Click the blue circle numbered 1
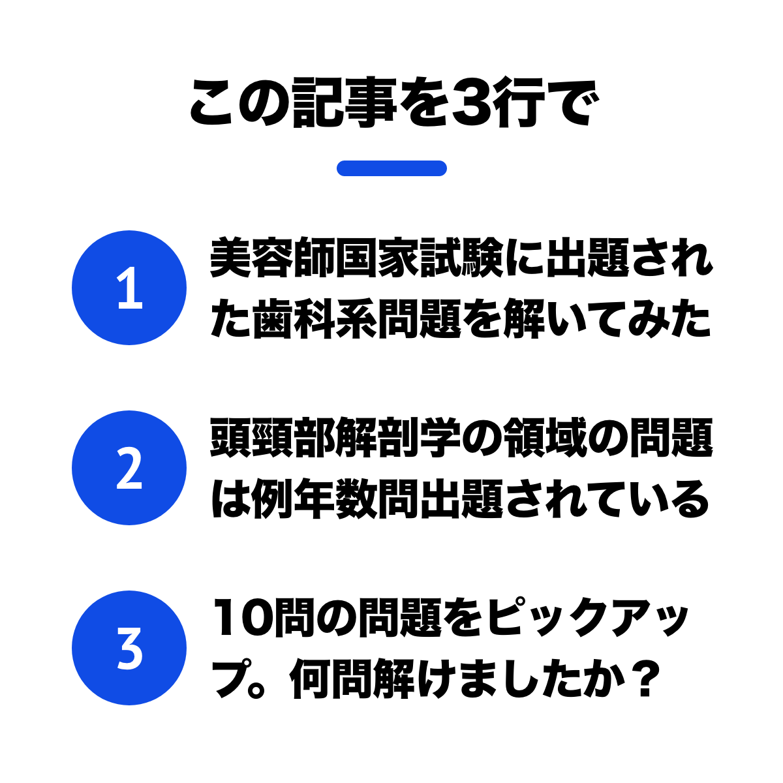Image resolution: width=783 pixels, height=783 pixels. (x=129, y=288)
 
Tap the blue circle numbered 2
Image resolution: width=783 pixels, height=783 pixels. (x=129, y=467)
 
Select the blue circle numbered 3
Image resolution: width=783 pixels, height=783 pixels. (x=129, y=647)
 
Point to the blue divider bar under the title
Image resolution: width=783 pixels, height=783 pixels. (x=391, y=168)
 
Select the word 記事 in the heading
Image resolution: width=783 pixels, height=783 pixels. (x=344, y=102)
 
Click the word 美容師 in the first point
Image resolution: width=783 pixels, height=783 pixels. (x=272, y=258)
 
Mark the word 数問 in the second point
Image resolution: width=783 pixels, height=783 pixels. (x=377, y=499)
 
